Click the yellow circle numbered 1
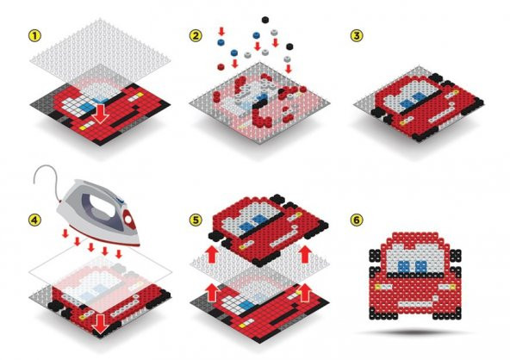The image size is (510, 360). (34, 37)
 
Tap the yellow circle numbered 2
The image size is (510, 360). (197, 37)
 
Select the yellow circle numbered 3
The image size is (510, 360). (356, 37)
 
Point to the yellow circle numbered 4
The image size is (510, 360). (34, 218)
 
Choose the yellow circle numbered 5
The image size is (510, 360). (197, 218)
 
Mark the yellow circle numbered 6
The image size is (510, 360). (356, 218)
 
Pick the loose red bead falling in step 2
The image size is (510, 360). (233, 63)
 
